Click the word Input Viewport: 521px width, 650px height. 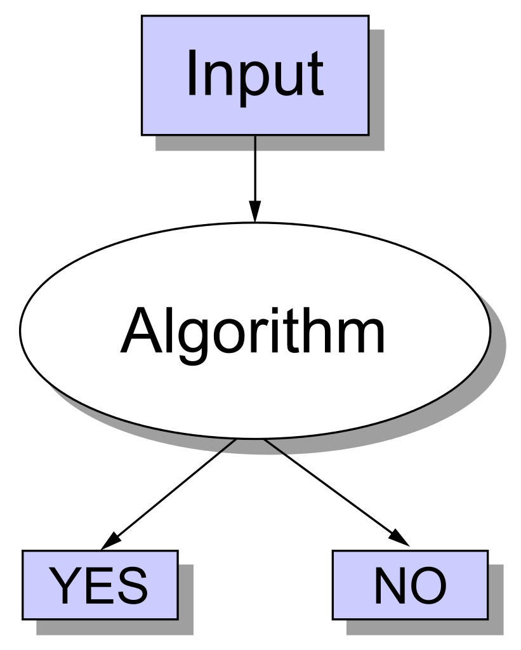click(x=255, y=75)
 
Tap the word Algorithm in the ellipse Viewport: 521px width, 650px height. click(x=254, y=332)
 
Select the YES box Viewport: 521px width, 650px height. click(x=100, y=585)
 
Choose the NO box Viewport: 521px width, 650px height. click(x=410, y=585)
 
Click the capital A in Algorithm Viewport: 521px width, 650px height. click(x=142, y=331)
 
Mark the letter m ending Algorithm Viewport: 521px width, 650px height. click(x=364, y=335)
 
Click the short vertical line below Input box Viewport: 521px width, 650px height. click(x=255, y=143)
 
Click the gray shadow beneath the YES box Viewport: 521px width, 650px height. click(x=114, y=627)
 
